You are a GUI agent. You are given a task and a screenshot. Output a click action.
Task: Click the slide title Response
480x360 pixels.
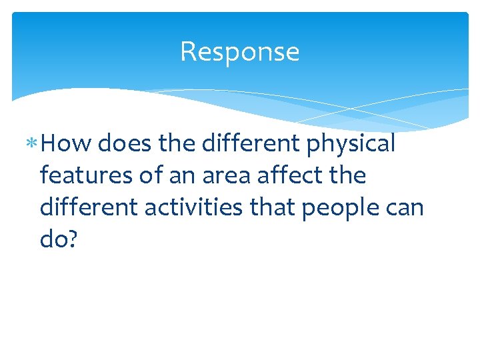point(239,52)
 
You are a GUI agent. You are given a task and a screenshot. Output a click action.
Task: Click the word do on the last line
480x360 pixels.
point(55,239)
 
